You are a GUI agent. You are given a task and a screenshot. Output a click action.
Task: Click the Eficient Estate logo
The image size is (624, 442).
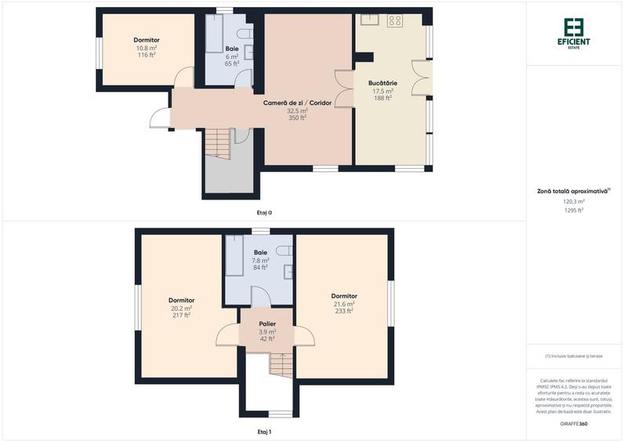574,31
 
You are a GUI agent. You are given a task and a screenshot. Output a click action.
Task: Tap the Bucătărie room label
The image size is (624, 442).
383,82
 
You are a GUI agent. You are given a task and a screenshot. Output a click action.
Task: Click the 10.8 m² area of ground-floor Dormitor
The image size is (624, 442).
147,47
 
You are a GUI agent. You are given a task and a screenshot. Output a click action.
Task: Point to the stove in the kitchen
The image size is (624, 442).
394,21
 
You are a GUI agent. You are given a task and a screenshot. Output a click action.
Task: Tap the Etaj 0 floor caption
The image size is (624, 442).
264,213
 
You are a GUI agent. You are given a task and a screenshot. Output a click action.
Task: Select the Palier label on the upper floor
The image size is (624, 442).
267,323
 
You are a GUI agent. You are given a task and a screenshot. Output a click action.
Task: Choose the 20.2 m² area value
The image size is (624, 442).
181,308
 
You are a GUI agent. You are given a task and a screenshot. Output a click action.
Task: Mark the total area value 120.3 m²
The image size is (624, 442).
574,201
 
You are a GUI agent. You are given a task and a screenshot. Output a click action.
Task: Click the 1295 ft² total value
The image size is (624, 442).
574,210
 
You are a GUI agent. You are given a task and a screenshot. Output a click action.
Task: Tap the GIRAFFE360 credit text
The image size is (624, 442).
574,424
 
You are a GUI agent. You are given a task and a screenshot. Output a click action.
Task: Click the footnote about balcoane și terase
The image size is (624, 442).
574,356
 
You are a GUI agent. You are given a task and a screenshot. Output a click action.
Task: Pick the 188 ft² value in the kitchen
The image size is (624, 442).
383,98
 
